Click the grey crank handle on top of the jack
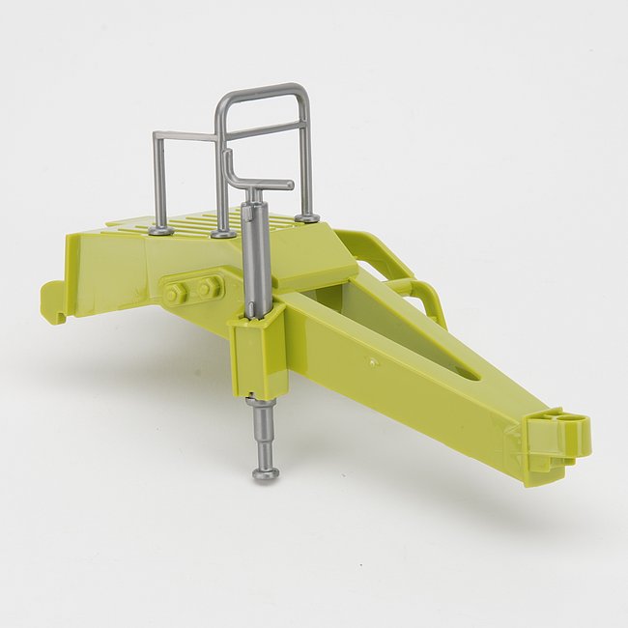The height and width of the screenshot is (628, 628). click(x=265, y=184)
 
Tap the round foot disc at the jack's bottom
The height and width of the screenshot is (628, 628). click(x=266, y=472)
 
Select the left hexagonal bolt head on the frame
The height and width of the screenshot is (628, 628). click(x=176, y=292)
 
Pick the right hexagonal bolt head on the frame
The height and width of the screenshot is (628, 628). click(x=208, y=287)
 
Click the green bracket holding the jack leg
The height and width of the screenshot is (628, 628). click(x=259, y=353)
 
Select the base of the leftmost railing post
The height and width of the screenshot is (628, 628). click(x=161, y=230)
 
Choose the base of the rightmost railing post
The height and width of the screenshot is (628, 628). click(x=306, y=217)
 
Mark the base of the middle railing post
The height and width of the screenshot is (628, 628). click(x=223, y=233)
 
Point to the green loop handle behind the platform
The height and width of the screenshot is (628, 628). click(x=411, y=280)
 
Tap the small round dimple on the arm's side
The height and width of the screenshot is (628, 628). click(x=374, y=362)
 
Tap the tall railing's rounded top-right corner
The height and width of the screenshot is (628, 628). click(x=303, y=93)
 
